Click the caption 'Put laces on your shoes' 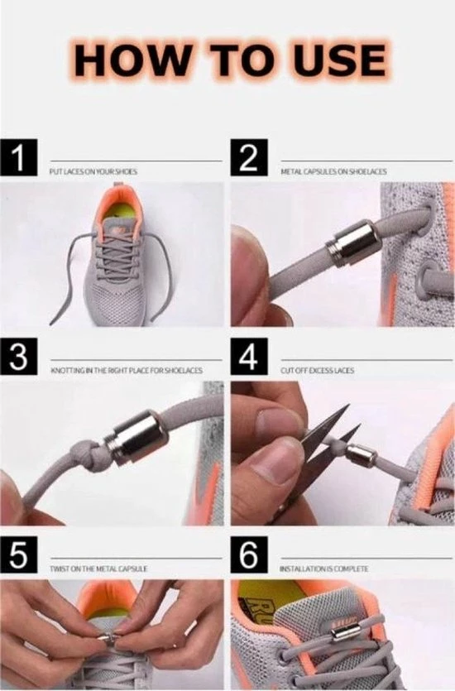coord(93,171)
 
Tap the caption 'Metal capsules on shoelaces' coord(333,171)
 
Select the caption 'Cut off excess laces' coord(317,370)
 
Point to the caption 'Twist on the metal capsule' coord(99,569)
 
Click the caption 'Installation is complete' coord(324,569)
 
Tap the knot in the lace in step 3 coord(98,456)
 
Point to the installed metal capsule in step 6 coord(340,635)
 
